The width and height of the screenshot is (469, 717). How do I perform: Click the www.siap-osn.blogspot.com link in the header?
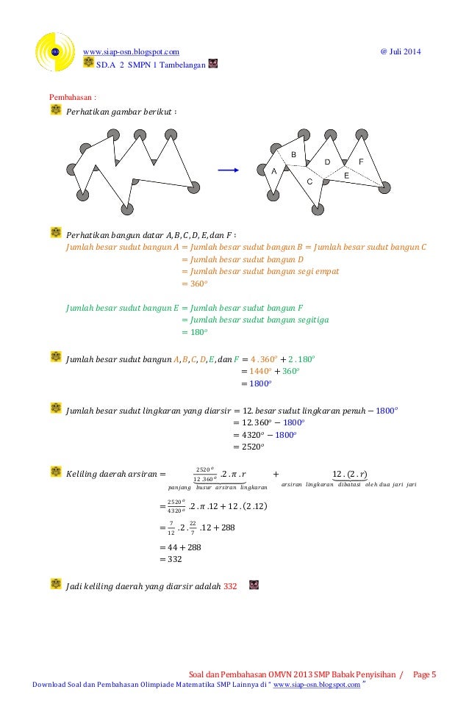132,51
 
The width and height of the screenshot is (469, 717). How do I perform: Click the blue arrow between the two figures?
229,170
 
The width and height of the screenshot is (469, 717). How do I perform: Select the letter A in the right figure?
274,170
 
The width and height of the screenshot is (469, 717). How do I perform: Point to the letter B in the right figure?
293,155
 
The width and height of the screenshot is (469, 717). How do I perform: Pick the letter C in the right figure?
309,181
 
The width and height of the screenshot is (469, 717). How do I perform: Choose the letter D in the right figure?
327,162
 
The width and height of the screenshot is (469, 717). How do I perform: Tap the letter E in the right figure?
346,176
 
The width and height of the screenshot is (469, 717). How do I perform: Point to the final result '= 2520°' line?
248,447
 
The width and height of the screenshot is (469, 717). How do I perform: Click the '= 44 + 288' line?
180,547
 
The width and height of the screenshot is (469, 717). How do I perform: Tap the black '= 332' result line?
171,559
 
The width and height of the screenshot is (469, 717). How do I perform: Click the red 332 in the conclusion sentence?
230,586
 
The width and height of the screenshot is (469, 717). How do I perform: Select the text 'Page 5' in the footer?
424,674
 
